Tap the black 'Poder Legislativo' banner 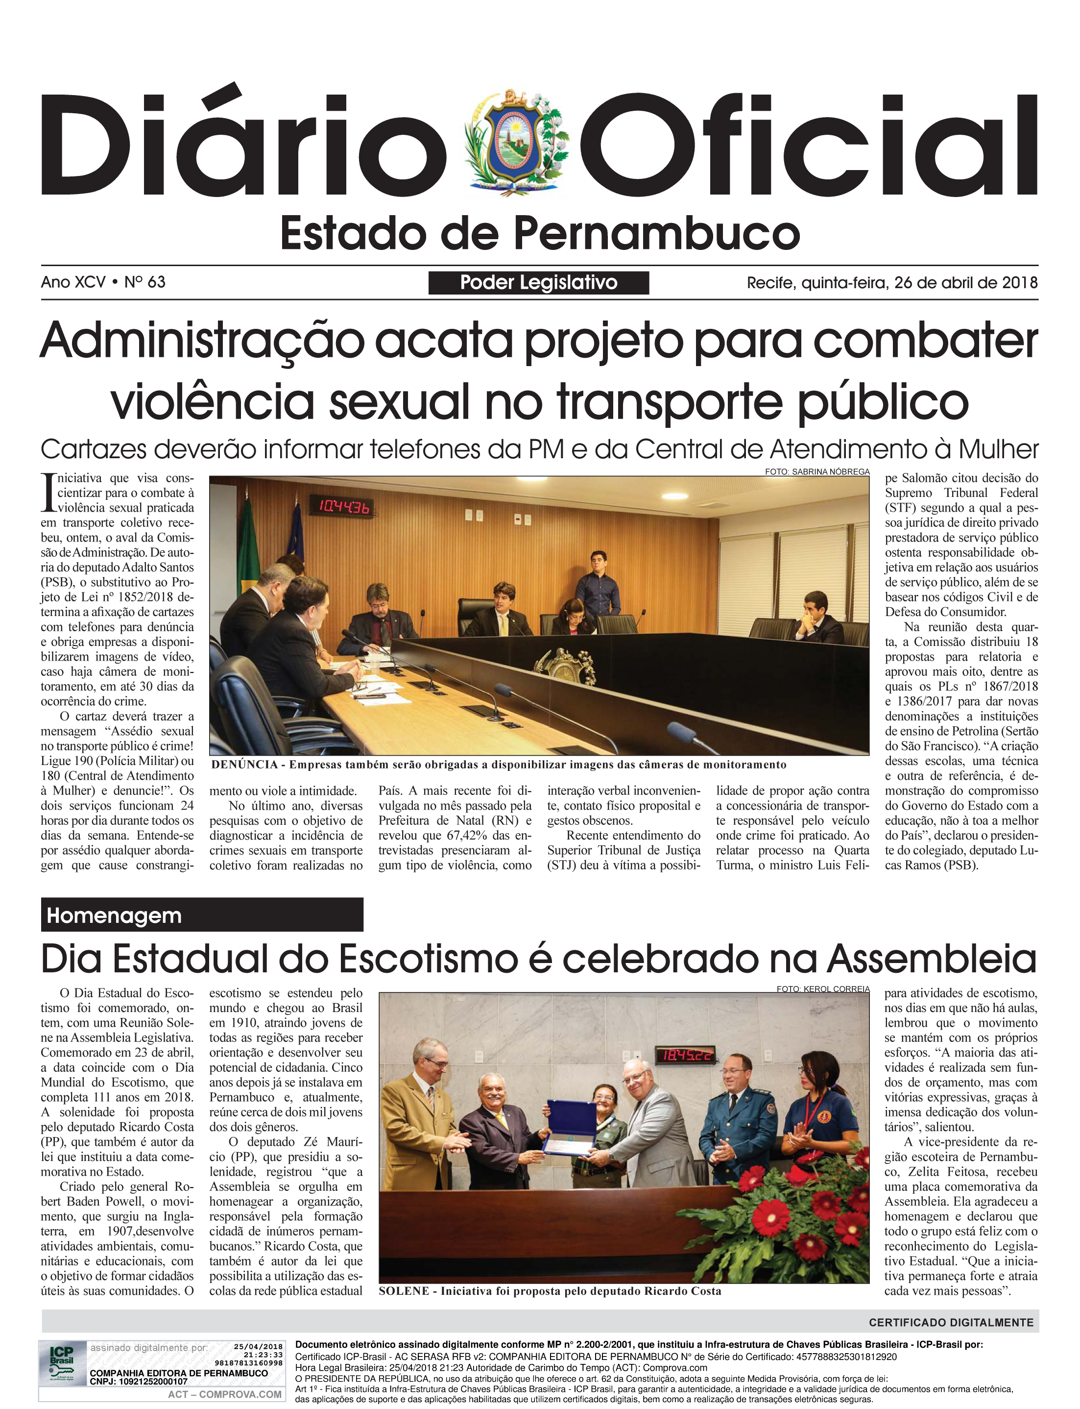point(538,282)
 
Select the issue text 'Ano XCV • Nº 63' point(103,282)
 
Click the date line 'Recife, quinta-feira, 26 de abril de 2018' point(891,282)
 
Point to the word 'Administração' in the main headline point(201,340)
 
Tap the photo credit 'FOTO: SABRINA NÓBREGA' point(816,471)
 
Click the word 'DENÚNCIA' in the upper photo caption point(243,765)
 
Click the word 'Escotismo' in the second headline point(428,960)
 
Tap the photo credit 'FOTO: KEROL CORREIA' point(822,989)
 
